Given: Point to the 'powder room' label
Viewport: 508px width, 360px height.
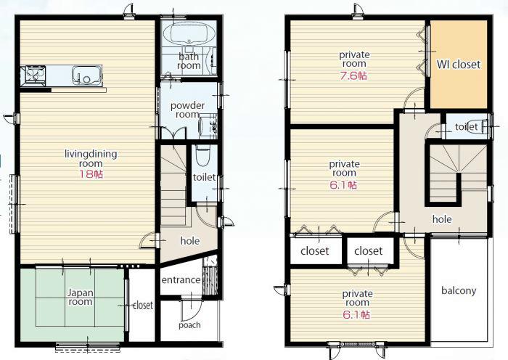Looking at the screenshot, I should [x=187, y=110].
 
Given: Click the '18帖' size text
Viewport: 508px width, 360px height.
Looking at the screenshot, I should [x=91, y=174].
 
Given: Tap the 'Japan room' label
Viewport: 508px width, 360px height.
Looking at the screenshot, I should [x=80, y=297].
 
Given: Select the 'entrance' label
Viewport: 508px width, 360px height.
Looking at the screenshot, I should [x=181, y=280].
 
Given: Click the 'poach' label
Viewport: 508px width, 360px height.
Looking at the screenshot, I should [x=189, y=324].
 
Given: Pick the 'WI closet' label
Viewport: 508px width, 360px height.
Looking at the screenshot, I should [x=458, y=65].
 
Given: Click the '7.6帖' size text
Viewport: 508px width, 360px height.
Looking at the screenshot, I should [x=353, y=75].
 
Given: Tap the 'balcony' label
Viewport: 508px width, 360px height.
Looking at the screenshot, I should [x=459, y=291].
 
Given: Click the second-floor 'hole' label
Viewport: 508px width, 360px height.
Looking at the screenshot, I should [x=442, y=219].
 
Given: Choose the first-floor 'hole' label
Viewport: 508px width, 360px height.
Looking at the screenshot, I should [x=190, y=241].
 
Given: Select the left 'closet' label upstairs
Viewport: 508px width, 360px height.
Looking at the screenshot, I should [x=314, y=251].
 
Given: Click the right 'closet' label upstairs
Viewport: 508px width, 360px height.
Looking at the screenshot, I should [x=369, y=251].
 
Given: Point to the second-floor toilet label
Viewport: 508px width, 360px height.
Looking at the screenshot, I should [x=466, y=127].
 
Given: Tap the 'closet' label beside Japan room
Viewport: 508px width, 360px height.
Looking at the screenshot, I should [x=143, y=306].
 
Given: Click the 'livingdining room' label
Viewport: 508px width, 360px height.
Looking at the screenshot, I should [x=91, y=158].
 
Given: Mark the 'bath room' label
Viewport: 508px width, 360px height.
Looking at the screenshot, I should [x=189, y=61].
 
